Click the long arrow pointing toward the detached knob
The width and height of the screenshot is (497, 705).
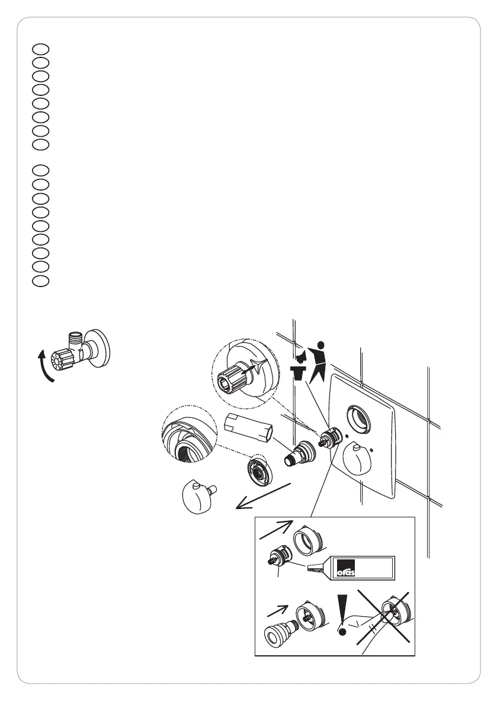tap(264, 496)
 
